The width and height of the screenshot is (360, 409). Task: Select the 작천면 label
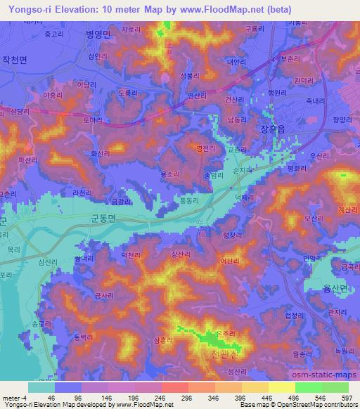click(x=15, y=61)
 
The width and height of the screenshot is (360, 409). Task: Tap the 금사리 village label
click(x=103, y=297)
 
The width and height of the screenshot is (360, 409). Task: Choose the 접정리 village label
click(x=295, y=316)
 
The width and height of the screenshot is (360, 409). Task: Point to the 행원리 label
click(x=278, y=91)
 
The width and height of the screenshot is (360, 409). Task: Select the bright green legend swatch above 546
click(x=308, y=387)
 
